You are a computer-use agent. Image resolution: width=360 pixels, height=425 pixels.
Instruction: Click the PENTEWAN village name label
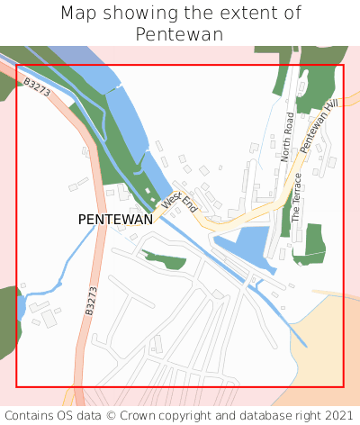click(115, 219)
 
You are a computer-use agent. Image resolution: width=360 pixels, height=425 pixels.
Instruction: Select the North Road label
click(287, 137)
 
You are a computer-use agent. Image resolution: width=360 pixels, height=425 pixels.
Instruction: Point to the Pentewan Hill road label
click(318, 126)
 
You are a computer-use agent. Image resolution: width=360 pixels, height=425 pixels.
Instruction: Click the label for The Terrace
click(296, 198)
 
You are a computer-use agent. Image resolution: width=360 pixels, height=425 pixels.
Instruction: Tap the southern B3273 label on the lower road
click(91, 300)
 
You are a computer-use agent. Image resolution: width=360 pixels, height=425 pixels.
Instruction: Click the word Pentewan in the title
click(180, 34)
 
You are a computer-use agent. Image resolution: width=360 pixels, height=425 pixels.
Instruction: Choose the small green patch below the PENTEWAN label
click(166, 260)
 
